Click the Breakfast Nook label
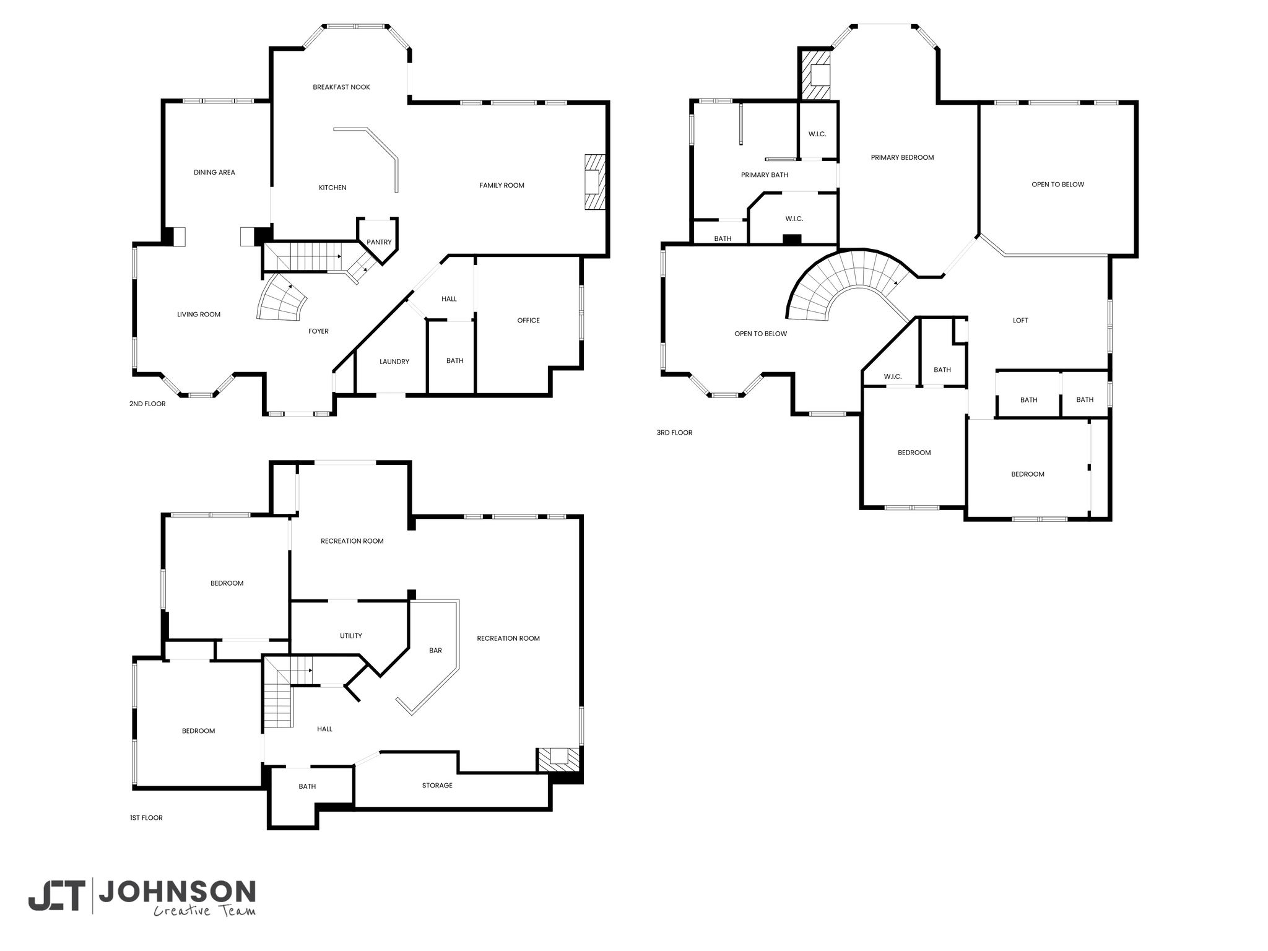pyautogui.click(x=341, y=87)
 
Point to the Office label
pyautogui.click(x=528, y=320)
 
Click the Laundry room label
pyautogui.click(x=394, y=362)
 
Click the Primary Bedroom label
pyautogui.click(x=902, y=157)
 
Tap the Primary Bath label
pyautogui.click(x=765, y=175)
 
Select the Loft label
pyautogui.click(x=1020, y=320)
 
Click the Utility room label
pyautogui.click(x=350, y=636)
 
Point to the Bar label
pyautogui.click(x=435, y=650)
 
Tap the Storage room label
pyautogui.click(x=437, y=785)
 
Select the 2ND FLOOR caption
pyautogui.click(x=147, y=404)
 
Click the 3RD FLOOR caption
pyautogui.click(x=674, y=432)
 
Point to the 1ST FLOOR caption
pyautogui.click(x=146, y=817)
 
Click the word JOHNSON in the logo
pyautogui.click(x=177, y=892)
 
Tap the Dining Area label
pyautogui.click(x=214, y=173)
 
